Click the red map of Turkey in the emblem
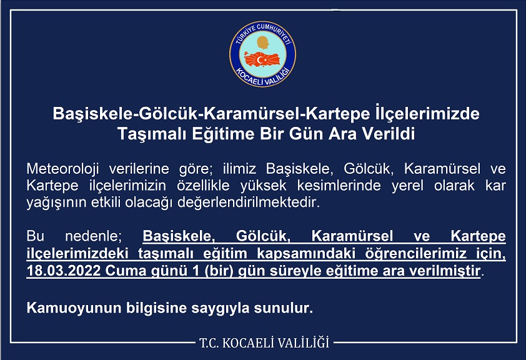(x=262, y=60)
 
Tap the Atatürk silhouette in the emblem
(x=262, y=43)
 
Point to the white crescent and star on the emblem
(x=261, y=60)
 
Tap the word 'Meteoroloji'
(x=62, y=169)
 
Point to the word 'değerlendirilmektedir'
(x=249, y=203)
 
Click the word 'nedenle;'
(x=93, y=236)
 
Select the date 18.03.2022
(x=63, y=271)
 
